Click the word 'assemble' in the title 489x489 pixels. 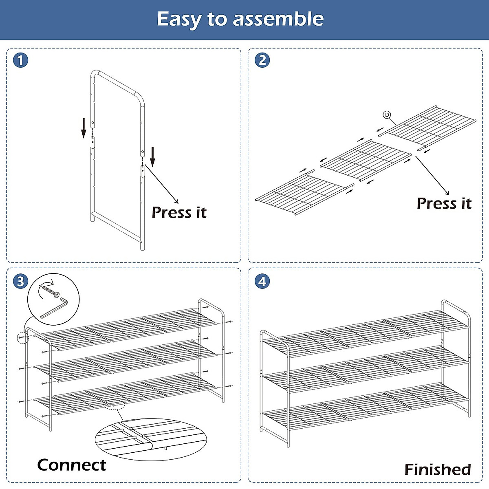[x=278, y=19]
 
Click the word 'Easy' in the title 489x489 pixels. [x=179, y=20]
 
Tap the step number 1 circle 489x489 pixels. [x=21, y=61]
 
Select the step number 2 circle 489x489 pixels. [x=262, y=60]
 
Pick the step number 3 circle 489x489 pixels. [x=21, y=282]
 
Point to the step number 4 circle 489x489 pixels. [x=262, y=282]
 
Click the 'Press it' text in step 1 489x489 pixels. [x=179, y=212]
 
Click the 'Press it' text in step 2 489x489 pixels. [x=444, y=203]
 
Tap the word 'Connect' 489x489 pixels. [x=72, y=465]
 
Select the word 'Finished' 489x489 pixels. [x=438, y=469]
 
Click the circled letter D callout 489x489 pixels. [x=387, y=115]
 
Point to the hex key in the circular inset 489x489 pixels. [x=55, y=309]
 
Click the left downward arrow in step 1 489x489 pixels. [x=84, y=128]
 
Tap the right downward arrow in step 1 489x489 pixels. [x=153, y=156]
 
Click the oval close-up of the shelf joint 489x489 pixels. [x=151, y=439]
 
